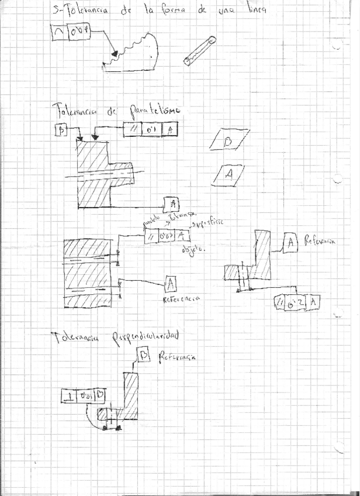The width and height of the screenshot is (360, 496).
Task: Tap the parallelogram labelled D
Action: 228,142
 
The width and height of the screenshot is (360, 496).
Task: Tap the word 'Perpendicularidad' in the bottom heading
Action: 144,336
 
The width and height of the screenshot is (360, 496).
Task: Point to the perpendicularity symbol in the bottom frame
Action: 70,397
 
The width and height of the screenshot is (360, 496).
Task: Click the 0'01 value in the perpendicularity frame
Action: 86,397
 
